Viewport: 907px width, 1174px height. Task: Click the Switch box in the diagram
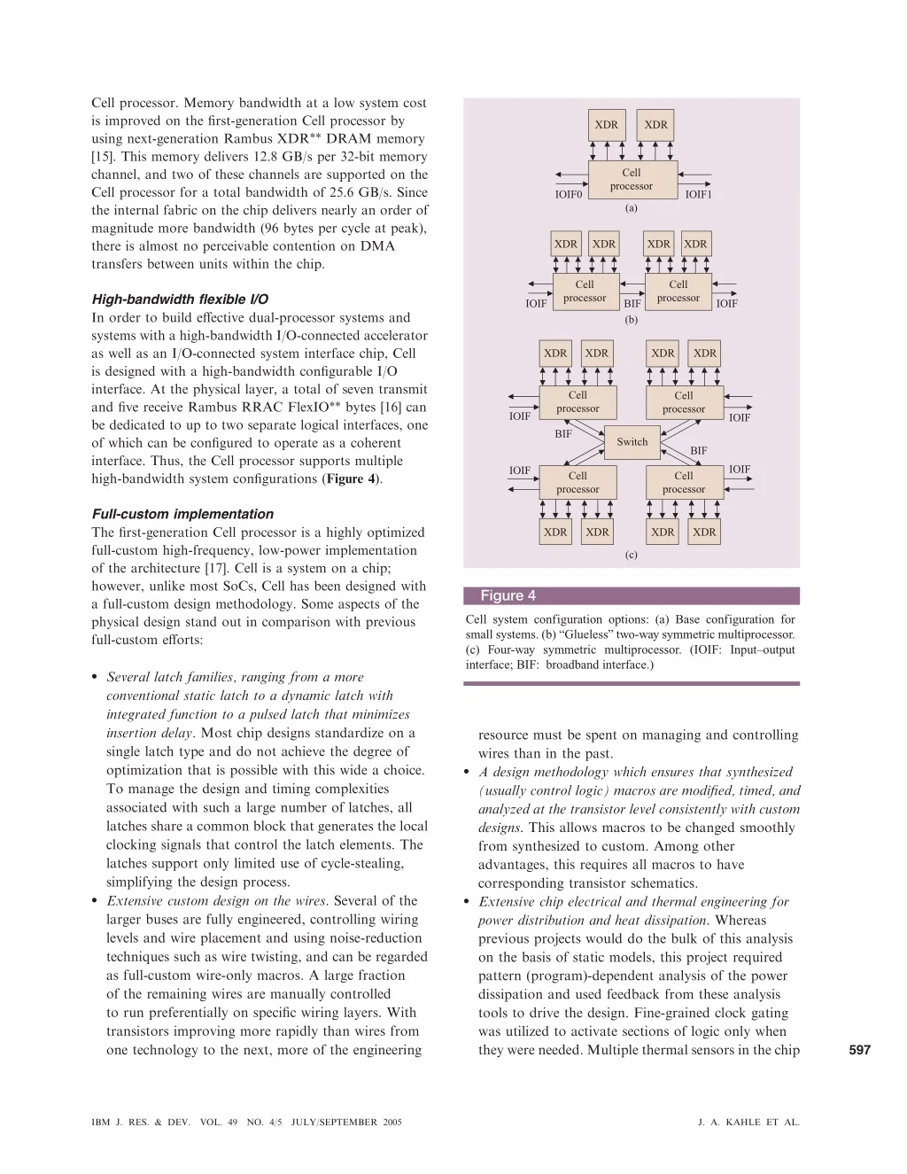point(632,441)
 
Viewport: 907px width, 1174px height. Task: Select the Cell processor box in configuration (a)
point(631,179)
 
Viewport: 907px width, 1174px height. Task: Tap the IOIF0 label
point(569,195)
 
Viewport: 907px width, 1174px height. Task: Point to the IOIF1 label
point(698,195)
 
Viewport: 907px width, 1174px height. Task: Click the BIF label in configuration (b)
point(632,304)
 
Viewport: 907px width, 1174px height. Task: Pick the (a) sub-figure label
point(631,208)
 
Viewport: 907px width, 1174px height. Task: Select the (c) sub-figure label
point(631,556)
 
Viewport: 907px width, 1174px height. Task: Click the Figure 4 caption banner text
point(508,595)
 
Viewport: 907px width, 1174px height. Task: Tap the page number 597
point(859,1050)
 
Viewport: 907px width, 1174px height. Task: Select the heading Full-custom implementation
point(182,514)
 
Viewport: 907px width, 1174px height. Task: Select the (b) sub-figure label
point(631,319)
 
